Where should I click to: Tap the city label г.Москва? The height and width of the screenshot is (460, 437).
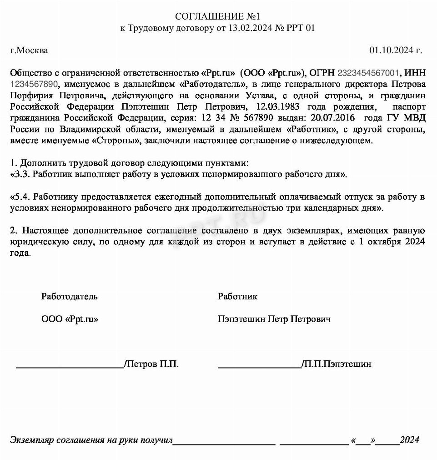coord(29,51)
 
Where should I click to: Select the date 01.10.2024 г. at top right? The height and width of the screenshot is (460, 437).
coord(396,51)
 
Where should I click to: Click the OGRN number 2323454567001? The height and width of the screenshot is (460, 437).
coord(368,73)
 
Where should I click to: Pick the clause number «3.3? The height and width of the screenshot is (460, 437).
coord(20,174)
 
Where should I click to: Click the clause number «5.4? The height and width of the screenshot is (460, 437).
coord(20,197)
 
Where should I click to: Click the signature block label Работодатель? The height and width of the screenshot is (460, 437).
coord(70,297)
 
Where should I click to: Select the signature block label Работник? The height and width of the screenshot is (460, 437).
coord(237,297)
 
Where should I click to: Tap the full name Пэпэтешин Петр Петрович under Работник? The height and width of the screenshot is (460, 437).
coord(274,319)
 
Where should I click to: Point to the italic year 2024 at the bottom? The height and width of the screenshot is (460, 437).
coord(410,440)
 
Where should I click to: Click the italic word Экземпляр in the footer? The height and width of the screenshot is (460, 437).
coord(32,440)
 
